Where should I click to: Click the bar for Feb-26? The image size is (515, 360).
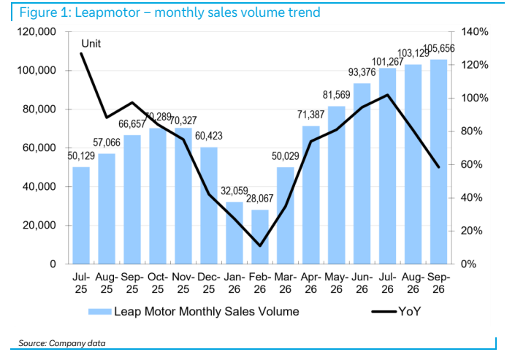(x=260, y=237)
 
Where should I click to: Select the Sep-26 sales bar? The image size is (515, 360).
(x=439, y=161)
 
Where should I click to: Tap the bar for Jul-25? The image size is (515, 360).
(x=81, y=215)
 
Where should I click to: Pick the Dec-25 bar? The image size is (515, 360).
(x=209, y=206)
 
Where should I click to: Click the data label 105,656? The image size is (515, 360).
(x=440, y=48)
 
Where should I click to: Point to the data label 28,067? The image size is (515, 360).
(x=260, y=199)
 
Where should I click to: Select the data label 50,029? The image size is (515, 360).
(x=286, y=156)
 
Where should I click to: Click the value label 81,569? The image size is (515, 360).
(x=336, y=95)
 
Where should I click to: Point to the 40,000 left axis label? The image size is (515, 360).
(x=39, y=186)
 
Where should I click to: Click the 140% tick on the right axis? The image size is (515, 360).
(x=475, y=32)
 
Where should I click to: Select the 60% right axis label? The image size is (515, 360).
(x=472, y=164)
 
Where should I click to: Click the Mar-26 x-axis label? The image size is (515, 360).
(x=286, y=283)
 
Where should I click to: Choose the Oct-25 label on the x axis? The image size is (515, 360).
(x=158, y=283)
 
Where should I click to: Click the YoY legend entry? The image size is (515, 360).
(x=397, y=311)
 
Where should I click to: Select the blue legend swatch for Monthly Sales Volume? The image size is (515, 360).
(x=100, y=311)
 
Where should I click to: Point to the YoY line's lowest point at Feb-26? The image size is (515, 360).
(x=260, y=245)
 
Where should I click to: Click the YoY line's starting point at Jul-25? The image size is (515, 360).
(x=81, y=53)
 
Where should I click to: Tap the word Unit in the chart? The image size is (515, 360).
(x=91, y=44)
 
